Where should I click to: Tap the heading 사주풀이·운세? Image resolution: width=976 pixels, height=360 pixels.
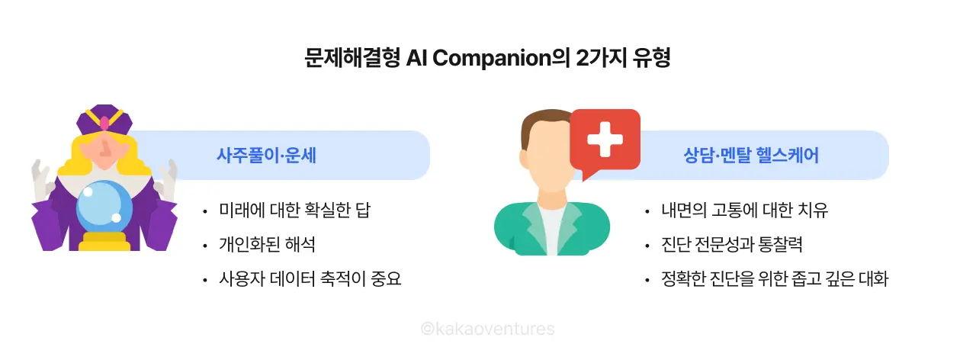tap(266, 156)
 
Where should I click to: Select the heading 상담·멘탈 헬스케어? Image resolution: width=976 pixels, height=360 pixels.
tap(751, 156)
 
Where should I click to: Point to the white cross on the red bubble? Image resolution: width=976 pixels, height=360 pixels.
tap(605, 140)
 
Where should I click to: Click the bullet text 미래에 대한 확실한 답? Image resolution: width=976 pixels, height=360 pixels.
tap(297, 211)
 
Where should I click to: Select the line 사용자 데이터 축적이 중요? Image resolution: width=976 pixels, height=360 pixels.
tap(310, 279)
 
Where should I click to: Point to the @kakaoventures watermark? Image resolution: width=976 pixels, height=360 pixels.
tap(488, 329)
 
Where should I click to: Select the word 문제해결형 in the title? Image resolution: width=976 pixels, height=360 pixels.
tap(352, 59)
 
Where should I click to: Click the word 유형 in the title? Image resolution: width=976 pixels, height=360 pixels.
tap(651, 59)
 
